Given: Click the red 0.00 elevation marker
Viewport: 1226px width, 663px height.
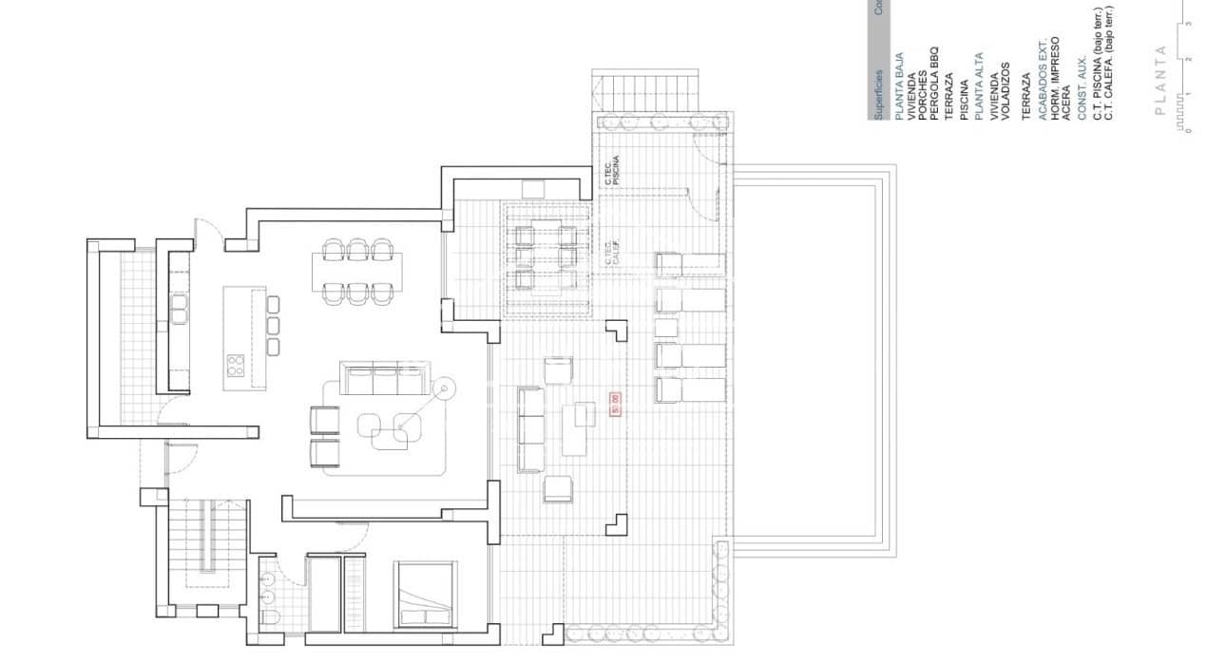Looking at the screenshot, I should coord(614,404).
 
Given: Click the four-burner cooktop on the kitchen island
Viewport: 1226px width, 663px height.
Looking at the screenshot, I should coord(235,364).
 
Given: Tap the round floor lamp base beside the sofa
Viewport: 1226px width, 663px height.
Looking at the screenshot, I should coord(443,387).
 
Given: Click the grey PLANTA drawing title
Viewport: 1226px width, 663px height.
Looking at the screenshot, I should coord(1159,80).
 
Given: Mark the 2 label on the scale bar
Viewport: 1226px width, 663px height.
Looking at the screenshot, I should coord(1188,59).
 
